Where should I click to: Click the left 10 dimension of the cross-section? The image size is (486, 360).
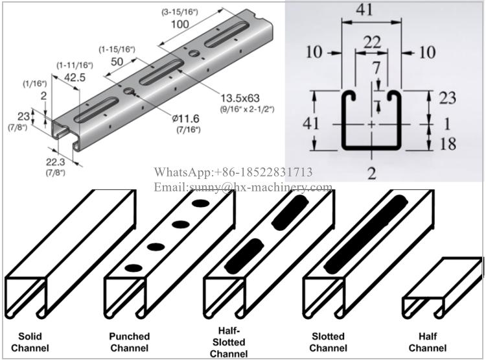[314, 52]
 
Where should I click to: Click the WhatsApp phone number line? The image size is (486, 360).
[233, 172]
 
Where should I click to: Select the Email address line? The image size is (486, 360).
[242, 187]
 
